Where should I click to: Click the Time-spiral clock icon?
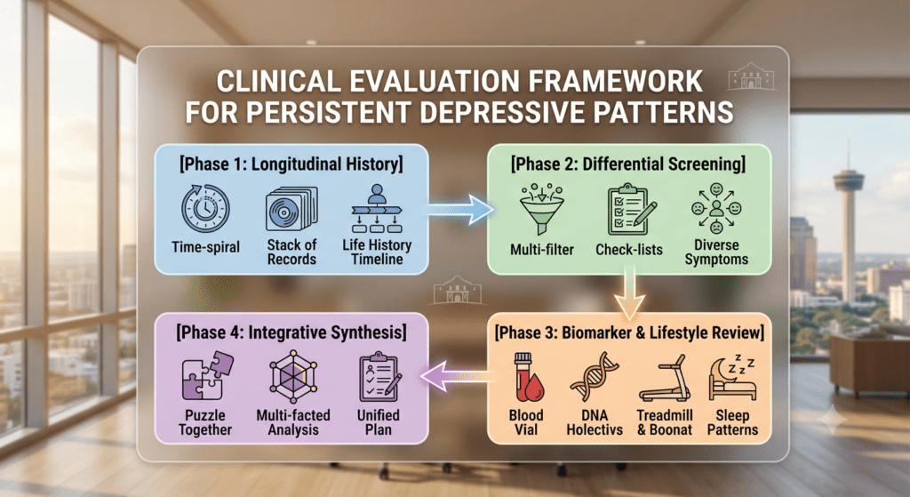coord(205,208)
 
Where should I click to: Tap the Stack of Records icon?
coord(291,209)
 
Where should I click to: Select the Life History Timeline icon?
coord(377,208)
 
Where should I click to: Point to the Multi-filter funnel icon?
coord(541,209)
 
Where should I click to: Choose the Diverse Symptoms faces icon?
coord(716,208)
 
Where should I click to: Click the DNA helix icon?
coord(595,377)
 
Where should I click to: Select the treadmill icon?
coord(665,379)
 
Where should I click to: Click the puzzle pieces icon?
coord(207,376)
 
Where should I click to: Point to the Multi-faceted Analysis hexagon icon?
coord(293,376)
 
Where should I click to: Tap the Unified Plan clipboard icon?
coord(379,376)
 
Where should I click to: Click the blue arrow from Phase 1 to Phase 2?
coord(461,209)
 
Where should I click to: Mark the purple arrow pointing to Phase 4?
coord(458,376)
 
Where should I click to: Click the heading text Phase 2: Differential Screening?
coord(628,164)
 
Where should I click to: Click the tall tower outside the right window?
coord(847,232)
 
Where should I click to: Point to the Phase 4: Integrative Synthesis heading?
coord(291,333)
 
